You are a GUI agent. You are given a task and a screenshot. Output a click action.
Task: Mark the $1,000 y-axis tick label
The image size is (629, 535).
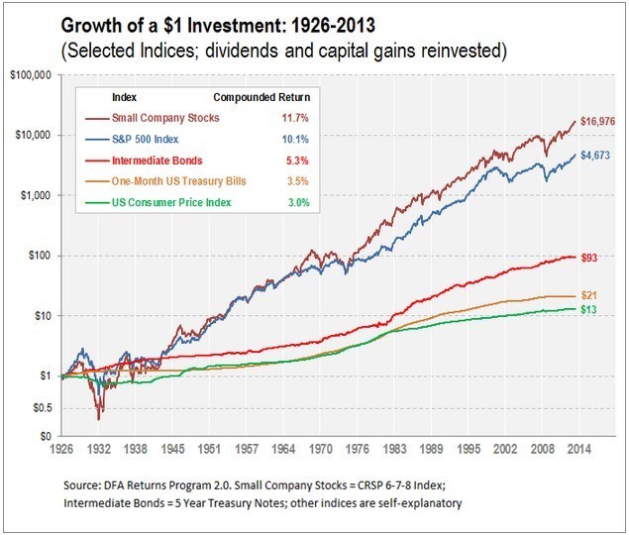point(36,195)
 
